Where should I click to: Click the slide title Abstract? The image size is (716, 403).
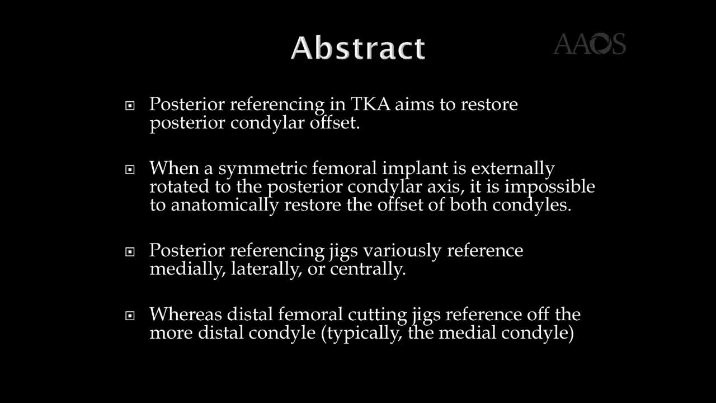pyautogui.click(x=358, y=48)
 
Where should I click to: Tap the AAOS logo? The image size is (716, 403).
pyautogui.click(x=589, y=44)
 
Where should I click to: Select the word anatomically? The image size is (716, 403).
pyautogui.click(x=224, y=205)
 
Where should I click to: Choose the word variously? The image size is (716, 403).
pyautogui.click(x=401, y=251)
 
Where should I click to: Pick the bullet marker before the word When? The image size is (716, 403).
pyautogui.click(x=130, y=169)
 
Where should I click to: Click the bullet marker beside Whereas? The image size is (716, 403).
pyautogui.click(x=130, y=316)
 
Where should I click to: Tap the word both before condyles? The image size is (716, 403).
pyautogui.click(x=469, y=205)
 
